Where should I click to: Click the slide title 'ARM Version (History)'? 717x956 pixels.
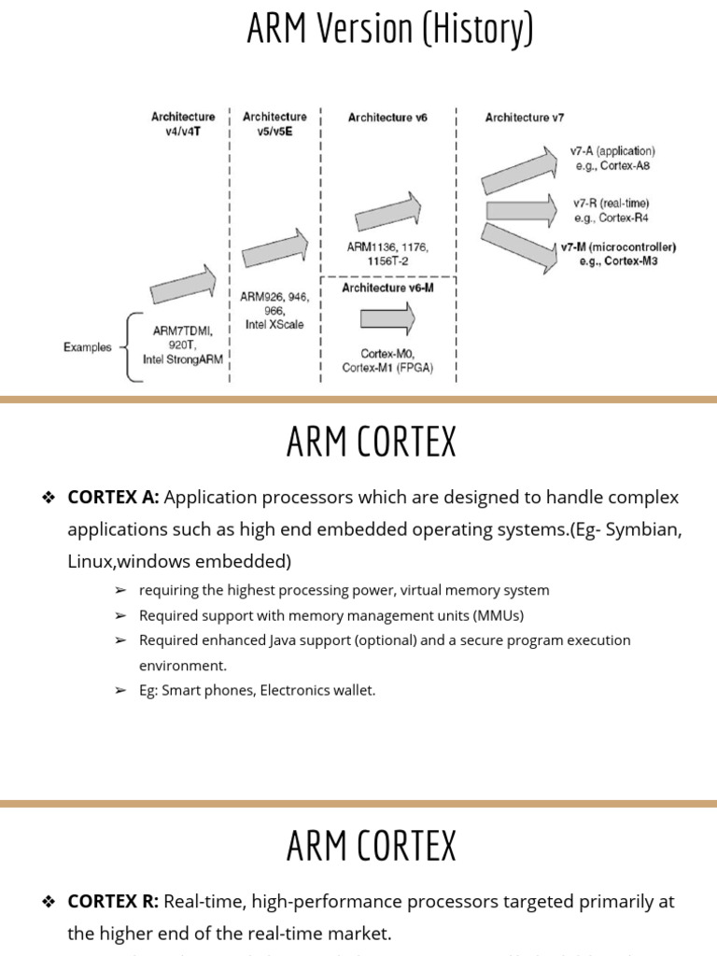tap(390, 28)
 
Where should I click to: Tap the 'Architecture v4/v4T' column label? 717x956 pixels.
tap(183, 124)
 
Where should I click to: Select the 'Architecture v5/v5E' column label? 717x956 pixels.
tap(274, 124)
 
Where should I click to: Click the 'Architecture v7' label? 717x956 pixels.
tap(524, 118)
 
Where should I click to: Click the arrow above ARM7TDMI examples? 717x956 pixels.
tap(183, 284)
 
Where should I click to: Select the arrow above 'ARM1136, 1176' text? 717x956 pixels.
tap(387, 212)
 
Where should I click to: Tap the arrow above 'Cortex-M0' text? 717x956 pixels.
tap(387, 319)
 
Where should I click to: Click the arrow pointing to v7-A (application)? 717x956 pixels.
tap(518, 171)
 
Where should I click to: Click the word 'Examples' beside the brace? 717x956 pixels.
tap(88, 347)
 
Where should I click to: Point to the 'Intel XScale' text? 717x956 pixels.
tap(274, 325)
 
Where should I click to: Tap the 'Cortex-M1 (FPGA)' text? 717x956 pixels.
tap(386, 368)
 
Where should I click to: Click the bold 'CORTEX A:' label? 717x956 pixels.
tap(113, 498)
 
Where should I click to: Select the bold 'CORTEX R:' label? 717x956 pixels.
tap(113, 902)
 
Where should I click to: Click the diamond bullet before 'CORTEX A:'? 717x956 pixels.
tap(49, 498)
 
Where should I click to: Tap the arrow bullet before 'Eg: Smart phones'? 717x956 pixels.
tap(120, 691)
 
